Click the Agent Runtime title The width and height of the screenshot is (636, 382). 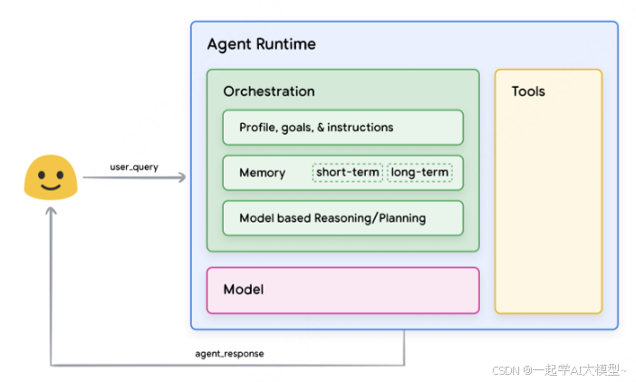[x=262, y=44]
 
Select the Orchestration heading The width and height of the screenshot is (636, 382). [x=269, y=91]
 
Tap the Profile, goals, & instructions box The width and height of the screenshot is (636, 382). [x=343, y=128]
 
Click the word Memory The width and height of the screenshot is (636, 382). [x=263, y=173]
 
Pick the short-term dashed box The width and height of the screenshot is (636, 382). [x=348, y=173]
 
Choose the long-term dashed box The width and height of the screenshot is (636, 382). [x=419, y=173]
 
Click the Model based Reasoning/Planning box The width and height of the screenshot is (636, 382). [x=343, y=218]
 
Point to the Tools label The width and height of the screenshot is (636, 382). [x=528, y=91]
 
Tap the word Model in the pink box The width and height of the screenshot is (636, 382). [x=244, y=290]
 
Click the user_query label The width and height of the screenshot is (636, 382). [x=134, y=167]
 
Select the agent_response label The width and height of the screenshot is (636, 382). [x=229, y=354]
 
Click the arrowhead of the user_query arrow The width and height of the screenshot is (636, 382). [x=182, y=177]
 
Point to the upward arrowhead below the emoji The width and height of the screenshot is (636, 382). [x=51, y=211]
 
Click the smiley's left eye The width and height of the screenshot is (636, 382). [x=42, y=175]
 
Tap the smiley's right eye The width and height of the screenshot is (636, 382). [x=60, y=175]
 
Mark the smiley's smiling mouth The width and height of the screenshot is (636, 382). [x=51, y=186]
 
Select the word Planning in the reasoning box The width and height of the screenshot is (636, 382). [x=402, y=218]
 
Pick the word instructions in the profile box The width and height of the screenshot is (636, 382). [x=361, y=128]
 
